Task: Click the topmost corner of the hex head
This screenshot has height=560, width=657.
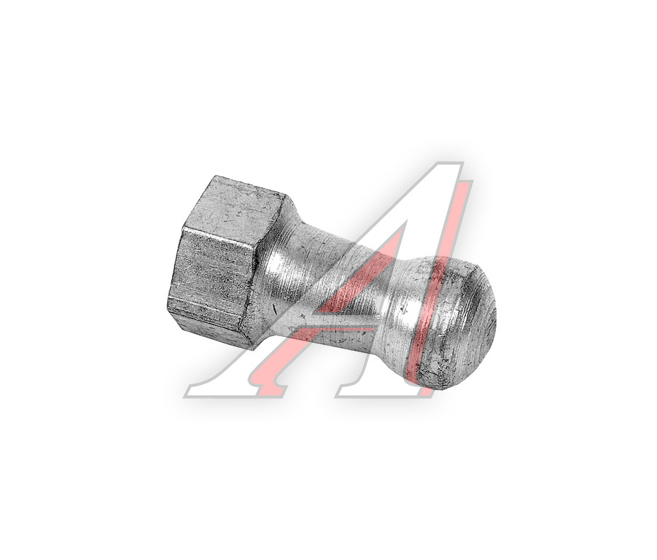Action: (215, 176)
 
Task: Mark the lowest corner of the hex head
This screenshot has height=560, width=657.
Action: (254, 349)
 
